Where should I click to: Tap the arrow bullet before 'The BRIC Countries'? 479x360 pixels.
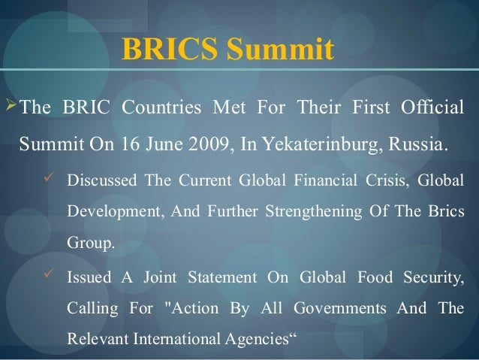[x=10, y=107]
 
